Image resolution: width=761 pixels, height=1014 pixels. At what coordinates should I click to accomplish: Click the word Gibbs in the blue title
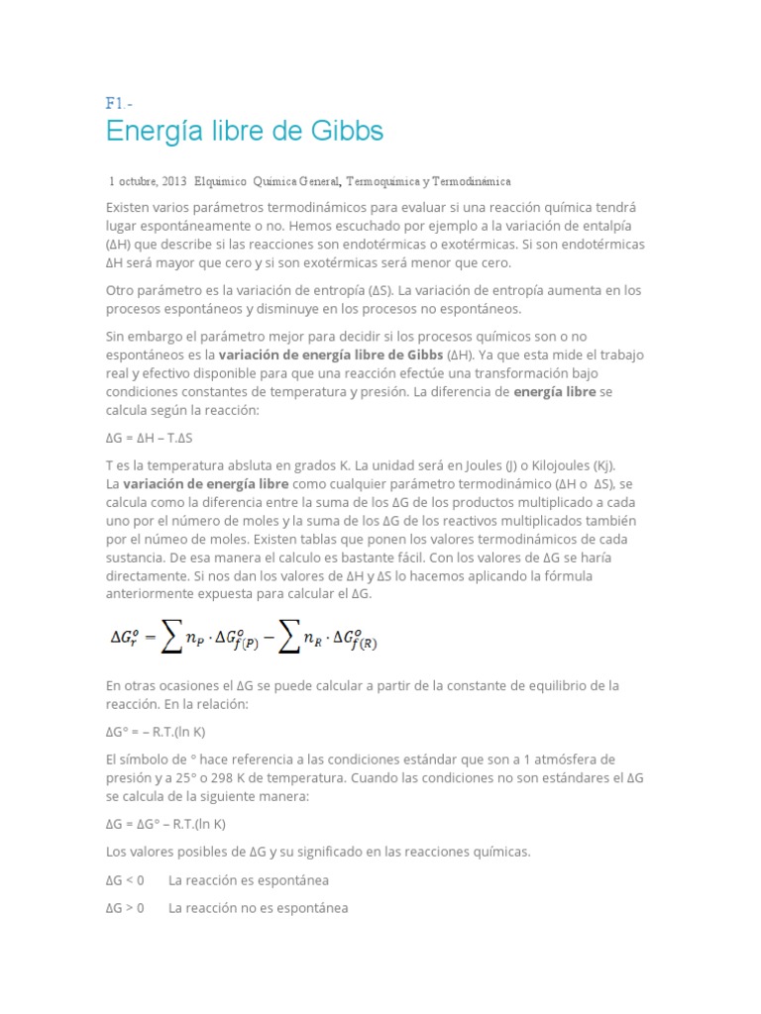(x=336, y=131)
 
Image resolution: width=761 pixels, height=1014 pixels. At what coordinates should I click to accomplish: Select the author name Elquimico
(x=221, y=182)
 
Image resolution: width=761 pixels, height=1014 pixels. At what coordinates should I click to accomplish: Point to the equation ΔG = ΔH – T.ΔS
(x=156, y=437)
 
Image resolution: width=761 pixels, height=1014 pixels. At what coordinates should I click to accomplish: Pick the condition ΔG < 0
(x=125, y=880)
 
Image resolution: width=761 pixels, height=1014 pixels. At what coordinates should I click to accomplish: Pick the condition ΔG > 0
(x=125, y=907)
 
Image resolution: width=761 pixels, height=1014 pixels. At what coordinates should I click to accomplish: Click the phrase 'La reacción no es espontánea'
(x=258, y=907)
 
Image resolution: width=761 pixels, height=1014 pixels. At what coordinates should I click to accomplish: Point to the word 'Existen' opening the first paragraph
(x=129, y=207)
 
